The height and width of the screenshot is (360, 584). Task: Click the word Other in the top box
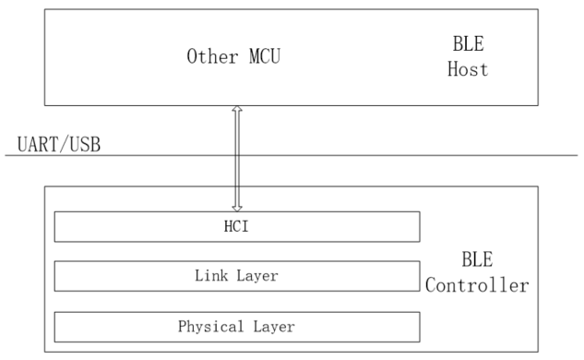(210, 56)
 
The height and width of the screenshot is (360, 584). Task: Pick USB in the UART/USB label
(86, 143)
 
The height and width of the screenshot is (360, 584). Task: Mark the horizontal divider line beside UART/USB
(369, 155)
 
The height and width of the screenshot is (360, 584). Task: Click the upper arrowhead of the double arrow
(237, 110)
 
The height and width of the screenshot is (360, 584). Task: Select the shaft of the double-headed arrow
(237, 157)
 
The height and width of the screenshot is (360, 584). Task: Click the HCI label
(237, 226)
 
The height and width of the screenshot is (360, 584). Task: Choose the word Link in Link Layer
(210, 276)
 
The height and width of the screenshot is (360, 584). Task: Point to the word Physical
(209, 326)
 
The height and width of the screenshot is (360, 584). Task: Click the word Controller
(477, 286)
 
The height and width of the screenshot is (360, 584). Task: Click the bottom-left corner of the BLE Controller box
(44, 351)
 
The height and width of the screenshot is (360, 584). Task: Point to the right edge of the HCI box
(420, 226)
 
